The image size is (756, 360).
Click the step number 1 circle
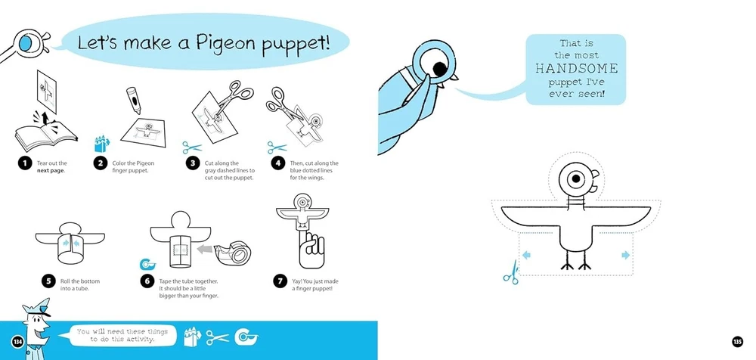[x=25, y=163]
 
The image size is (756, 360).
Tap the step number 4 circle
[x=277, y=163]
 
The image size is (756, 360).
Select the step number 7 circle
[x=280, y=281]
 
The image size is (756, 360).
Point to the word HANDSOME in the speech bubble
[x=576, y=69]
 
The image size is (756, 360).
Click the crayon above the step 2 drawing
[x=132, y=100]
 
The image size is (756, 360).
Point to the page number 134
[x=18, y=342]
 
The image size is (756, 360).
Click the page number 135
[x=736, y=342]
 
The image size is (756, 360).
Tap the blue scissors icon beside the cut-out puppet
[x=511, y=273]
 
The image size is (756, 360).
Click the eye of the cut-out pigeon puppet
[x=575, y=179]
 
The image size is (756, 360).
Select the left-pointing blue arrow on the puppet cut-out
[x=526, y=255]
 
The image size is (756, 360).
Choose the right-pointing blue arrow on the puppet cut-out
[x=626, y=255]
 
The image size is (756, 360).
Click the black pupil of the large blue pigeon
[x=440, y=69]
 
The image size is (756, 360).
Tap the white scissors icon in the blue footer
[x=218, y=338]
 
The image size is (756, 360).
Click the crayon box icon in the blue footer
[x=192, y=337]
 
